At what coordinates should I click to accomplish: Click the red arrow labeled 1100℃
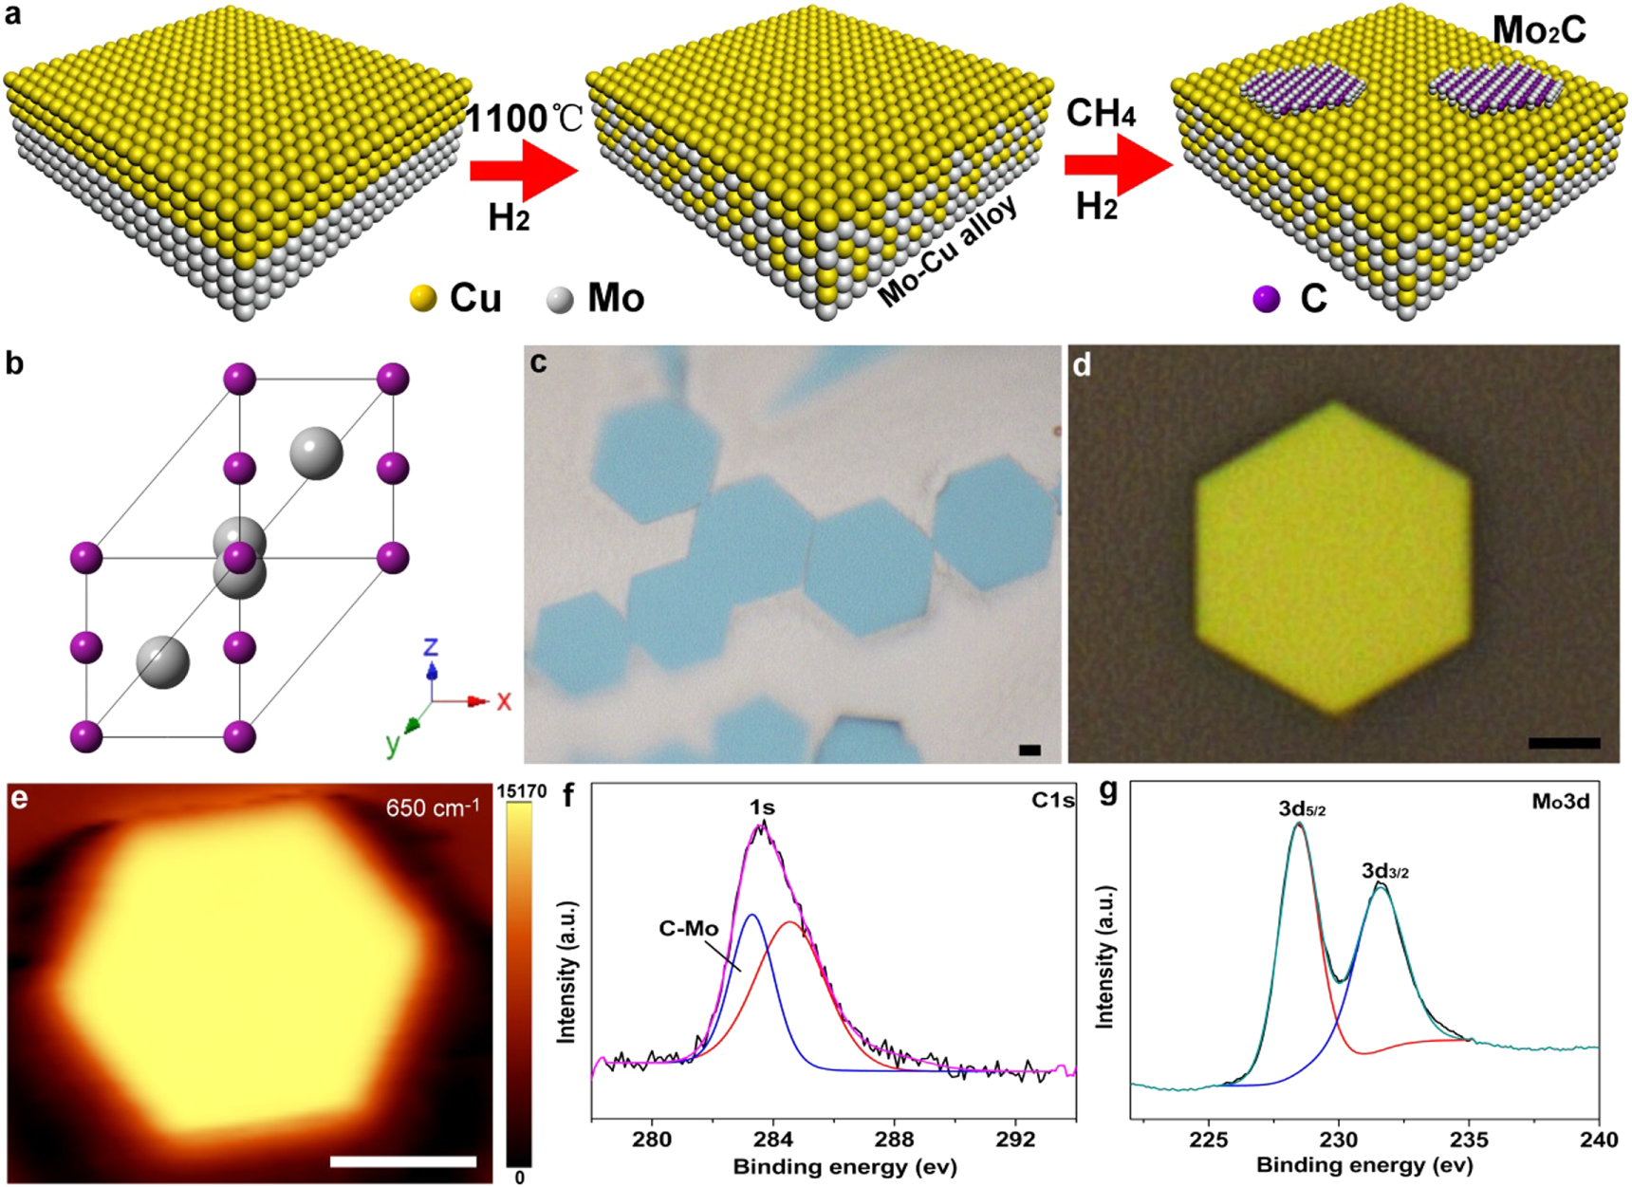click(523, 170)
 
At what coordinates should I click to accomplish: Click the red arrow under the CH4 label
click(1117, 164)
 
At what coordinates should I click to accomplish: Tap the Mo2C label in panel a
click(1538, 30)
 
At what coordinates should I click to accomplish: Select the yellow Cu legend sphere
click(422, 299)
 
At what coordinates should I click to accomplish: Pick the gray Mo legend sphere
click(561, 299)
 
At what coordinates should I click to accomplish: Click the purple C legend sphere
click(1267, 299)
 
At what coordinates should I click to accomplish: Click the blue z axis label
click(431, 647)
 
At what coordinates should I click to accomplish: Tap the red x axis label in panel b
click(504, 701)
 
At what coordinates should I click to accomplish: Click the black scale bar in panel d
click(1564, 743)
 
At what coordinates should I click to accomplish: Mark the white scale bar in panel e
click(403, 1161)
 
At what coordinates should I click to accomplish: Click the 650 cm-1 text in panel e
click(433, 808)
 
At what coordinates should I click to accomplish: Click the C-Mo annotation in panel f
click(689, 929)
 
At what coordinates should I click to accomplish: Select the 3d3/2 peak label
click(1384, 871)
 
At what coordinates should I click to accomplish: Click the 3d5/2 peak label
click(1302, 809)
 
